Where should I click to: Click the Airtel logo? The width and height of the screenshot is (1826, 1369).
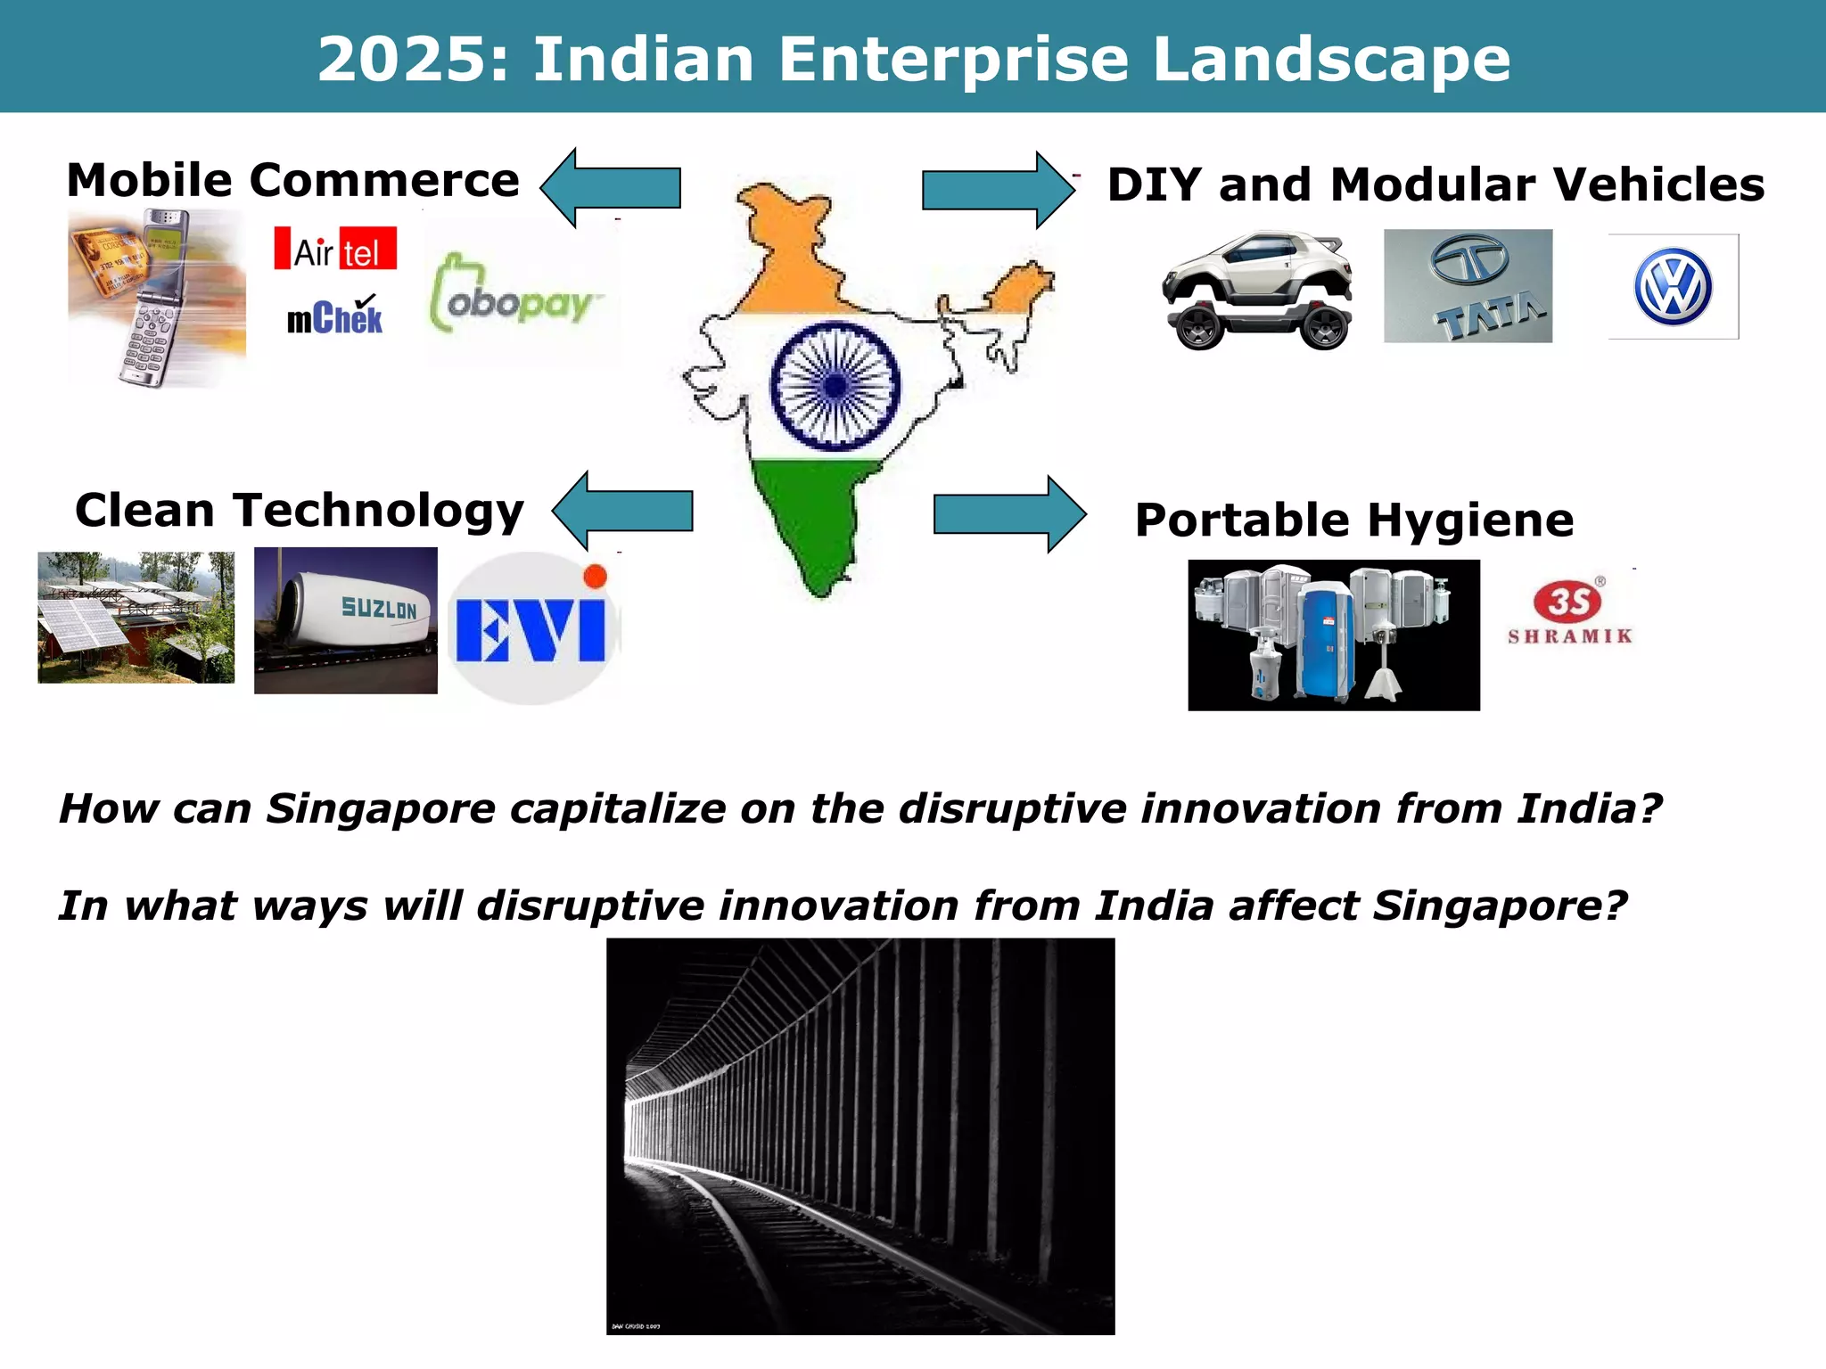335,249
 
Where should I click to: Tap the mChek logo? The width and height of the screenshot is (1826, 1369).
334,316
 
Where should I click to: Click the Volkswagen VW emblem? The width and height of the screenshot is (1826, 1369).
1673,287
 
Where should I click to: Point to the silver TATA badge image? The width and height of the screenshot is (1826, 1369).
1468,286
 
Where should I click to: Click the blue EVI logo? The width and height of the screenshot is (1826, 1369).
531,628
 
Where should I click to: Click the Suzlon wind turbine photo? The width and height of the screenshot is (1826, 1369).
346,620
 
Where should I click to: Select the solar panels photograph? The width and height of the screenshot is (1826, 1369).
136,618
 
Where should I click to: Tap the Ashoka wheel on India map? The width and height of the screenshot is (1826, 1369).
835,386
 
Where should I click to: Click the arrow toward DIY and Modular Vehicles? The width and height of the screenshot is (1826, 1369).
998,190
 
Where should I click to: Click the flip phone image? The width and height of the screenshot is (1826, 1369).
157,299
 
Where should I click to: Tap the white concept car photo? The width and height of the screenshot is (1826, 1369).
1258,291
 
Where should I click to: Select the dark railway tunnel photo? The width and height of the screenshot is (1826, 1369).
860,1135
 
